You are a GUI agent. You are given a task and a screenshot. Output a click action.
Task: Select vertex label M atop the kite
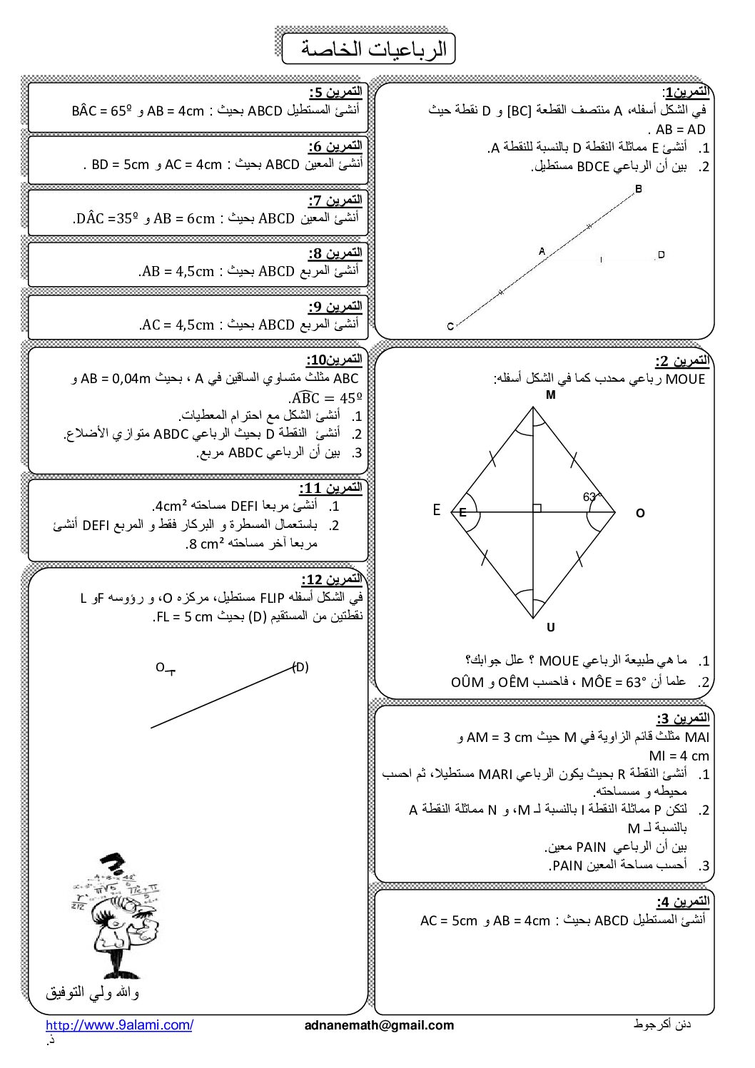click(550, 395)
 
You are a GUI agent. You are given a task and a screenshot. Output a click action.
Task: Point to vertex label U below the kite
click(550, 628)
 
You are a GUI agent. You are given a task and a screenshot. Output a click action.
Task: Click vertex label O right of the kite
click(639, 513)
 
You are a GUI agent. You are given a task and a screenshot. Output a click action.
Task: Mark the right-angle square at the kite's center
click(537, 508)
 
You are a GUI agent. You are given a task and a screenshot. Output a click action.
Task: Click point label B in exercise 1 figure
click(638, 189)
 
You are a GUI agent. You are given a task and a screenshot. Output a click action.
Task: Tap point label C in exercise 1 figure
click(450, 327)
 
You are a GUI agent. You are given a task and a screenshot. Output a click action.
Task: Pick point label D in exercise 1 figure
click(661, 255)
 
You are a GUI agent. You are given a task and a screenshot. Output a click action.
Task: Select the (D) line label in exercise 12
click(300, 667)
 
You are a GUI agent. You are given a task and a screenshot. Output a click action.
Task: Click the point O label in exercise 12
click(160, 667)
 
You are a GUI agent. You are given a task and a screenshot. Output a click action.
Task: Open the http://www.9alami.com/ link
click(119, 1025)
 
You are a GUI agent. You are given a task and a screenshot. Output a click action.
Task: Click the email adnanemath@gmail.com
click(379, 1025)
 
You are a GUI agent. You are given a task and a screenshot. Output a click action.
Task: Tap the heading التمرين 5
click(335, 92)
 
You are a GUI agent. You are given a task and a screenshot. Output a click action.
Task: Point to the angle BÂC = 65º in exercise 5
click(103, 111)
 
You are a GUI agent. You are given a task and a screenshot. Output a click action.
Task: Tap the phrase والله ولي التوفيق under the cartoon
click(93, 992)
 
